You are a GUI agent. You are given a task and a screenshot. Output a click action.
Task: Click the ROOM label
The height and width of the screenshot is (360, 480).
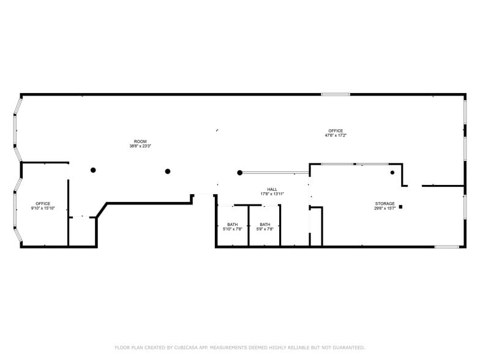click(140, 141)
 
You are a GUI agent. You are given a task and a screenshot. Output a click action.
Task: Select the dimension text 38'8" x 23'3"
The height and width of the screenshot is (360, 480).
click(140, 146)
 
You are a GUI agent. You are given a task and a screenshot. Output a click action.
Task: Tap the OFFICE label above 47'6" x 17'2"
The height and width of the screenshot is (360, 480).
click(336, 130)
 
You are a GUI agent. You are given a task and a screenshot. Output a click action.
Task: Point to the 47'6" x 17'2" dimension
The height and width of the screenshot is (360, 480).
click(336, 135)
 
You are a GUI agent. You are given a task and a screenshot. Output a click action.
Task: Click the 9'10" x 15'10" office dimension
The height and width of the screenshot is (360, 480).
click(43, 209)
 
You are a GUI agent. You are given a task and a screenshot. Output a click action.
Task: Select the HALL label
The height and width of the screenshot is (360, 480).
click(272, 189)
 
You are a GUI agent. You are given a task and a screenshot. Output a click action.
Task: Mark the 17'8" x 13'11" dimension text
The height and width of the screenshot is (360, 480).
click(272, 194)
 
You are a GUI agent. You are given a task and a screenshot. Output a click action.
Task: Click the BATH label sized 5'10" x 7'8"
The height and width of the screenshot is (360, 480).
click(232, 224)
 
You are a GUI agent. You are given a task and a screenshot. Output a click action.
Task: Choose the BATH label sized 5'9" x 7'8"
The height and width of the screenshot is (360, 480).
click(264, 224)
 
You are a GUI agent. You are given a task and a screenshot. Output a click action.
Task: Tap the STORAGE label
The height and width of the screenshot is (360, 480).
click(384, 203)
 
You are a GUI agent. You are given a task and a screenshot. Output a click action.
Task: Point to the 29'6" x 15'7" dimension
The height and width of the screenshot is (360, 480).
click(384, 208)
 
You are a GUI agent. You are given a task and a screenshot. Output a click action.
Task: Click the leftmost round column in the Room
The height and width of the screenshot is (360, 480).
click(93, 170)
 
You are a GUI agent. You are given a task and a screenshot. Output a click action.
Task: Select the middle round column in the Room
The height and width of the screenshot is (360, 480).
click(167, 171)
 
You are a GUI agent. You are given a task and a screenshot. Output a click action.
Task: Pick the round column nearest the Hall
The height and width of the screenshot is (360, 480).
click(240, 173)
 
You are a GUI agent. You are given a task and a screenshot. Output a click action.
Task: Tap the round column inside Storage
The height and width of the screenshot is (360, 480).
click(392, 173)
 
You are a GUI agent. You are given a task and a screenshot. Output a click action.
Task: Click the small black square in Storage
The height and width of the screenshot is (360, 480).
click(400, 207)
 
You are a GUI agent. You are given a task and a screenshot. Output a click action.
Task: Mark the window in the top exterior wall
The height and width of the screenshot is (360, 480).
click(336, 94)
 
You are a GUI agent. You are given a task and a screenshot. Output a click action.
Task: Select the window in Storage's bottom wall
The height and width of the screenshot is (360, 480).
click(446, 247)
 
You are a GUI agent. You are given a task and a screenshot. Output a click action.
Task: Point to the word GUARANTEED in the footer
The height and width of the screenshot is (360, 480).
click(347, 348)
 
